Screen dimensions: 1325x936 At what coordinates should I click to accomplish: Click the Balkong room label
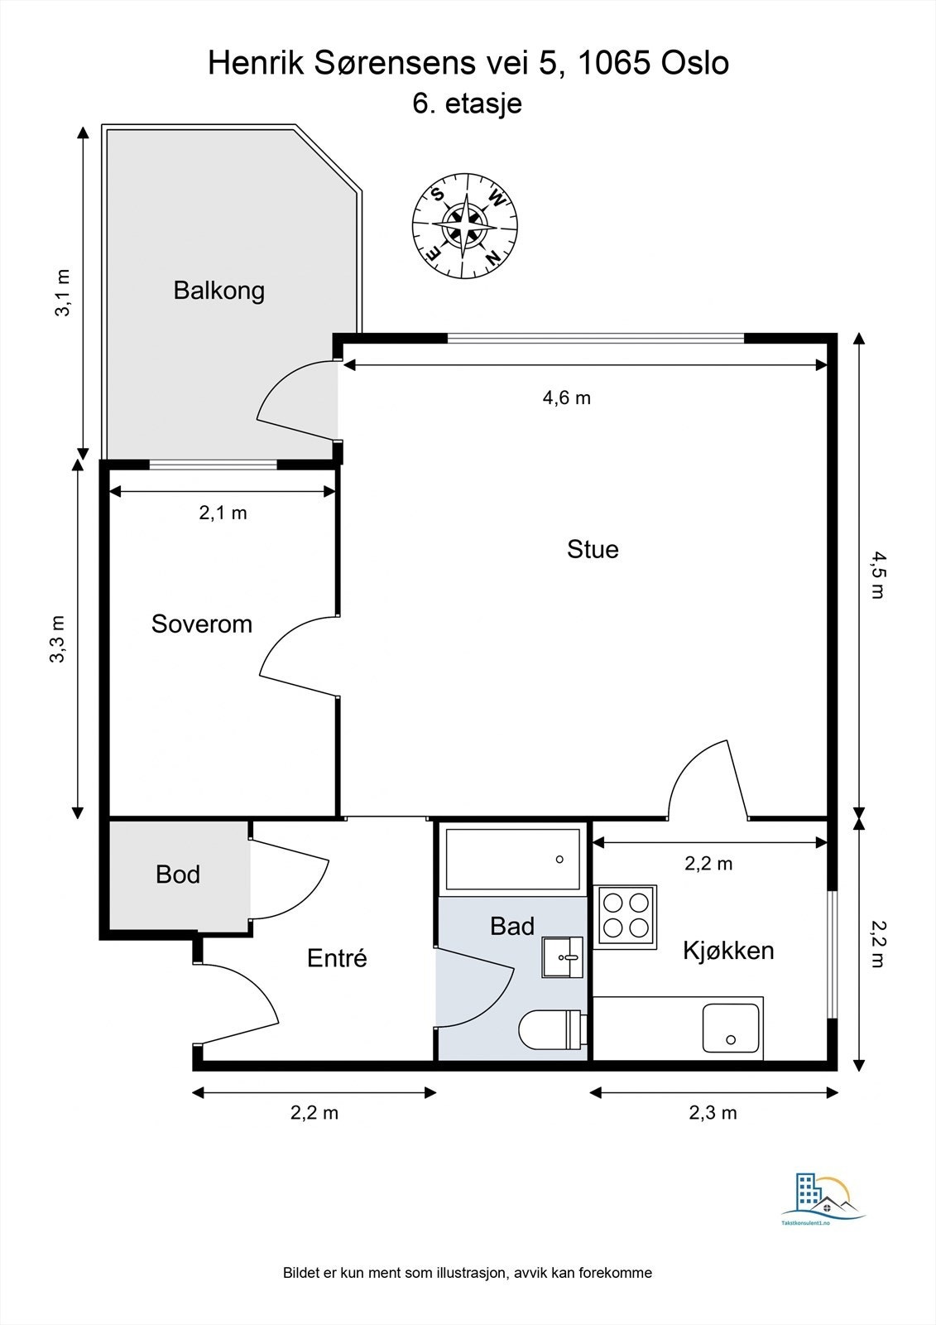218,291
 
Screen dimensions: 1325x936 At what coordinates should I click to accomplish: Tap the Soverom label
201,624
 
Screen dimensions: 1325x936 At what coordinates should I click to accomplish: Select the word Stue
593,549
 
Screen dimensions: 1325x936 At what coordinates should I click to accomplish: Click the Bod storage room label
178,874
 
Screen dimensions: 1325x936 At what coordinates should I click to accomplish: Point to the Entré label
337,958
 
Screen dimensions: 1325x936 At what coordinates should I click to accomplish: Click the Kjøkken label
728,950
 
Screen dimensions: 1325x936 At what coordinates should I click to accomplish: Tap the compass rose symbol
466,225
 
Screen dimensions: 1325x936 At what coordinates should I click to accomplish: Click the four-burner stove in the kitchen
627,916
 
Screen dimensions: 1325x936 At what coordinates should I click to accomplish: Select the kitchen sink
731,1029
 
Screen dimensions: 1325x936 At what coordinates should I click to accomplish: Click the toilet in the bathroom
552,1030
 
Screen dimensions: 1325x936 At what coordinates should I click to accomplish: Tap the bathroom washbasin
563,957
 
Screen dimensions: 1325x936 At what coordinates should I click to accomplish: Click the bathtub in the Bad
512,859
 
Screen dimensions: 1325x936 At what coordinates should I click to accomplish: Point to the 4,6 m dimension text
567,397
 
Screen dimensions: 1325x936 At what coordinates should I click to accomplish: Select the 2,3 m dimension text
713,1112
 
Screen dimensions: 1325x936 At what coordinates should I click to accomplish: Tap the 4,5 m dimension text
876,575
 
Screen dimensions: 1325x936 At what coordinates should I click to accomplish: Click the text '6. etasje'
467,104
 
